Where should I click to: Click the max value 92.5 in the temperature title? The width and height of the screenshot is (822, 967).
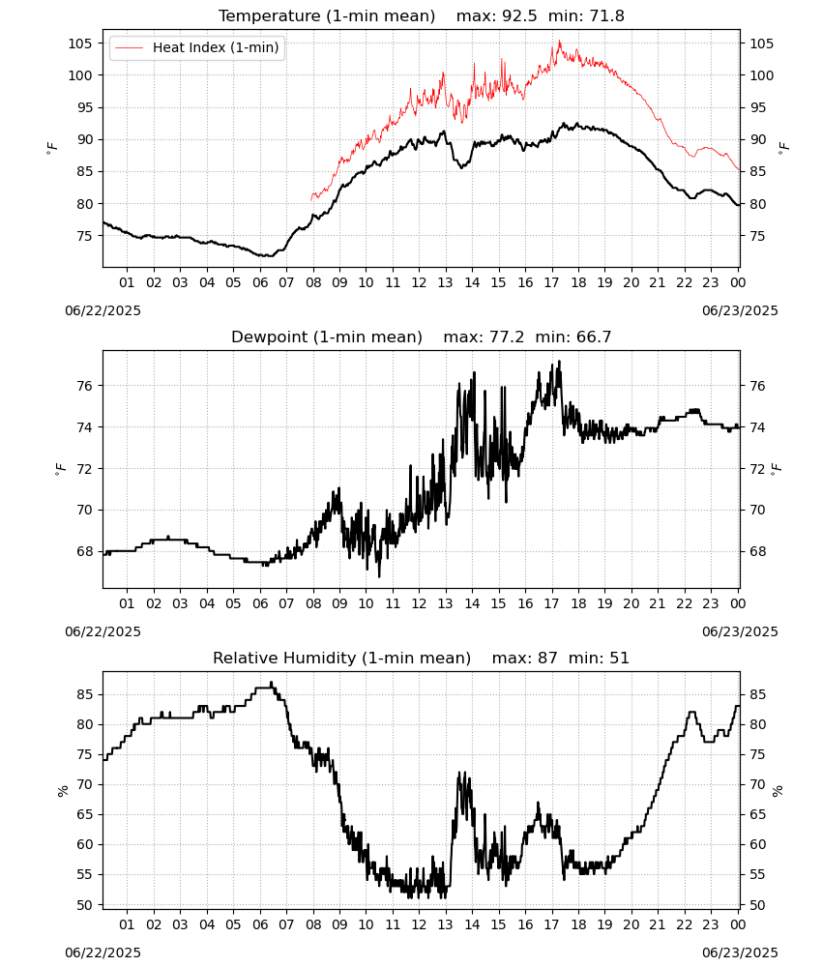click(x=520, y=16)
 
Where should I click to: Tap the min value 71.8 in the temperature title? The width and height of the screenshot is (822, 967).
click(x=606, y=16)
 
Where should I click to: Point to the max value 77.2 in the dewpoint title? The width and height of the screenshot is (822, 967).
click(x=507, y=337)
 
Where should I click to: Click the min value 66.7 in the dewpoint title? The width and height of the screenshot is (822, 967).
click(x=594, y=337)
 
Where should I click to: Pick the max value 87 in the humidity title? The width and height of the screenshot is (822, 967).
click(x=547, y=659)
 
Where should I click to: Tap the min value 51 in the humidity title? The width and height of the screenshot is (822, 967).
click(x=619, y=659)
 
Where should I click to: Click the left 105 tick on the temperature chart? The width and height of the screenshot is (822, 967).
click(x=81, y=44)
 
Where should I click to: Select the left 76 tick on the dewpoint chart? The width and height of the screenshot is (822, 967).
click(x=84, y=386)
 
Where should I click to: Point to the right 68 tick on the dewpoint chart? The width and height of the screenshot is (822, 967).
click(x=757, y=551)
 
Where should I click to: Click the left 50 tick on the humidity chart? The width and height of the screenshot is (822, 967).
click(x=84, y=905)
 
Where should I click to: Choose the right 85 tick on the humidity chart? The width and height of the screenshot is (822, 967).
click(x=757, y=695)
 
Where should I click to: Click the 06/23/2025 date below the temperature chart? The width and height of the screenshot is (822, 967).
click(x=740, y=310)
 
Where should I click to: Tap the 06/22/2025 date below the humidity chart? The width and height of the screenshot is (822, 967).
click(x=103, y=952)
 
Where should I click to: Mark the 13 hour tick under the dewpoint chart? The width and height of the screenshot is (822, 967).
click(x=445, y=603)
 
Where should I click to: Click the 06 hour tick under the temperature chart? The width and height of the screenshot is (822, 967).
click(x=260, y=282)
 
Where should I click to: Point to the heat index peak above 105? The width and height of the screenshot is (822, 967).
click(x=559, y=42)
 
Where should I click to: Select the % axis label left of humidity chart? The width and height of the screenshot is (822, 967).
click(x=62, y=791)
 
